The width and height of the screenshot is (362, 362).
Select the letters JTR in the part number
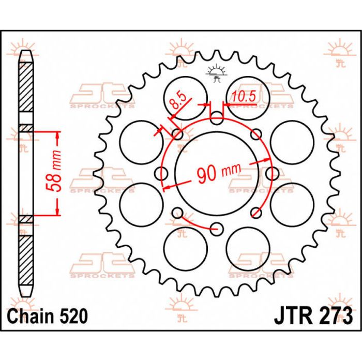(290, 315)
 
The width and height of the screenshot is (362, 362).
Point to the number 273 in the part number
(333, 315)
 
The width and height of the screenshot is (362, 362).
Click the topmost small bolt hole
(217, 121)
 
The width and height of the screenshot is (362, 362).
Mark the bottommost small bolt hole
(217, 227)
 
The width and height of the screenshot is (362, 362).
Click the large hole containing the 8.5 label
(185, 97)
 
